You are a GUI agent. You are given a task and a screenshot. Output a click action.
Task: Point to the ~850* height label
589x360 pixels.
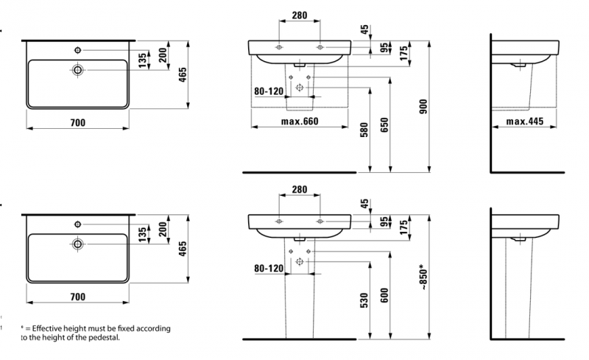(423, 276)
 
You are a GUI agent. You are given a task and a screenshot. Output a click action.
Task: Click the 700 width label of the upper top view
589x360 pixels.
(78, 122)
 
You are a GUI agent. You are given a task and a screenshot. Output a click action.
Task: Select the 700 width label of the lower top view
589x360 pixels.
(78, 297)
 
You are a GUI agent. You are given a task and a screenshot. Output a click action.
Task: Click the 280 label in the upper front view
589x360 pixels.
(299, 14)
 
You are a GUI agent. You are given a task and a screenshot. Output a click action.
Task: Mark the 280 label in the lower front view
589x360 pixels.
(299, 189)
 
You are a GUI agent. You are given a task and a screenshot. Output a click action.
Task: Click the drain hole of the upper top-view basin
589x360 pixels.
(77, 71)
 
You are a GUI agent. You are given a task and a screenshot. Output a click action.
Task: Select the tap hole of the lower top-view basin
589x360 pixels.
(77, 224)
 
